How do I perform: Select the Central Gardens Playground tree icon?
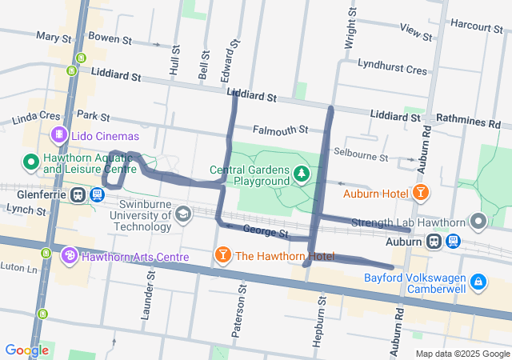pyautogui.click(x=301, y=174)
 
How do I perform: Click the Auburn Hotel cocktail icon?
pyautogui.click(x=419, y=193)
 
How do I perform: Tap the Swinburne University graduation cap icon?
pyautogui.click(x=183, y=214)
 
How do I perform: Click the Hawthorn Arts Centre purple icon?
pyautogui.click(x=70, y=256)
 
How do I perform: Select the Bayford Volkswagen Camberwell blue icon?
pyautogui.click(x=478, y=282)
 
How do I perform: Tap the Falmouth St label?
pyautogui.click(x=280, y=129)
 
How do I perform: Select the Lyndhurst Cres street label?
pyautogui.click(x=392, y=70)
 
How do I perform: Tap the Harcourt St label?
pyautogui.click(x=476, y=26)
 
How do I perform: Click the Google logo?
pyautogui.click(x=26, y=350)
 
